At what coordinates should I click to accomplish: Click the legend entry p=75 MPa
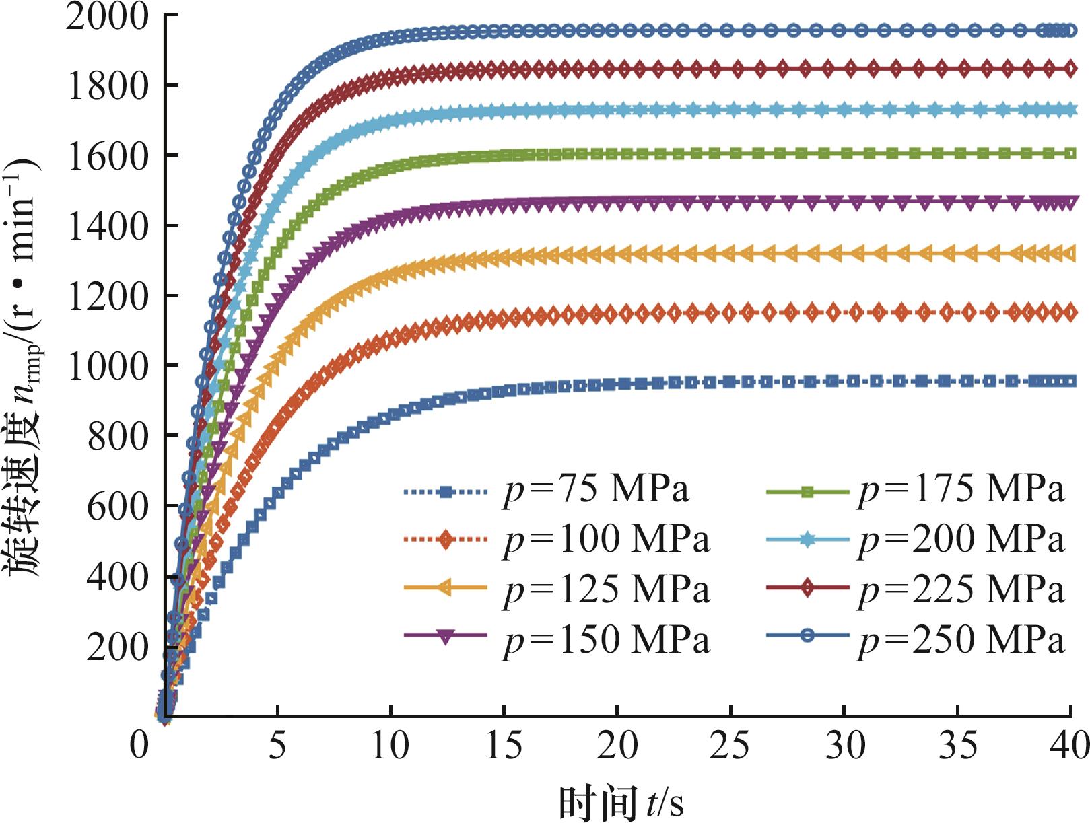tap(597, 489)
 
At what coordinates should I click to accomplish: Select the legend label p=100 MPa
tap(607, 540)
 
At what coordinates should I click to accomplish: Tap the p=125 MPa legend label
tap(607, 589)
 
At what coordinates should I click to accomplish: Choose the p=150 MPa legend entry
tap(607, 639)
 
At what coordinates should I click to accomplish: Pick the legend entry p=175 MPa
tap(961, 489)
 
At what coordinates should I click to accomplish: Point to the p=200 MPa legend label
tap(961, 540)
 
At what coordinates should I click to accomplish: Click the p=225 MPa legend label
tap(961, 589)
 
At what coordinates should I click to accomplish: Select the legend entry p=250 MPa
tap(961, 639)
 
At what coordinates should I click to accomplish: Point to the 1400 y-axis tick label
tap(108, 226)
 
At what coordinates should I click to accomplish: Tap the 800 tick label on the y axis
tap(117, 436)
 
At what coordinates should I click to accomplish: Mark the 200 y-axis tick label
tap(117, 647)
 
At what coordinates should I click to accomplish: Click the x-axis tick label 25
tap(730, 746)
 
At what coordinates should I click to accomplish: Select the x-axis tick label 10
tap(390, 746)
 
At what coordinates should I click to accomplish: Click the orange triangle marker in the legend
tap(444, 588)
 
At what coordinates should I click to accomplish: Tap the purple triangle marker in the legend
tap(444, 637)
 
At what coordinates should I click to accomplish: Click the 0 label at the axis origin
tap(139, 746)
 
